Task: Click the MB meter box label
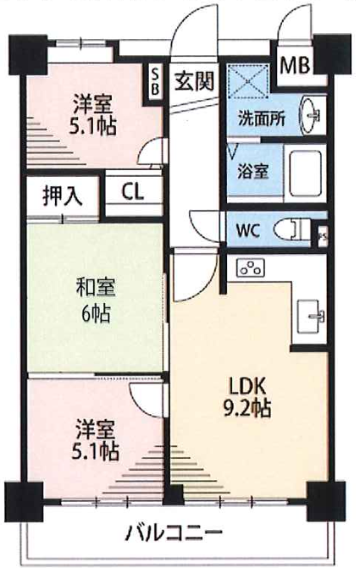point(296,65)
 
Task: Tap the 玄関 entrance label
point(194,80)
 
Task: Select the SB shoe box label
point(155,82)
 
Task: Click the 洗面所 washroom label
point(261,119)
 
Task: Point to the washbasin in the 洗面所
point(310,116)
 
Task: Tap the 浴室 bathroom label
point(253,171)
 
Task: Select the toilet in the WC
point(292,229)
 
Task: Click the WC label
point(248,230)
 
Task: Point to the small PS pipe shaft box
point(322,237)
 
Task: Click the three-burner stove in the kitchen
point(250,268)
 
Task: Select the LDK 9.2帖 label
point(247,397)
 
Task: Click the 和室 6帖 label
point(96,301)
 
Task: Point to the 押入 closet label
point(63,196)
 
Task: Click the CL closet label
point(132,192)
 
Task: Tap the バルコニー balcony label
point(173,532)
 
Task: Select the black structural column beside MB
point(332,54)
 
